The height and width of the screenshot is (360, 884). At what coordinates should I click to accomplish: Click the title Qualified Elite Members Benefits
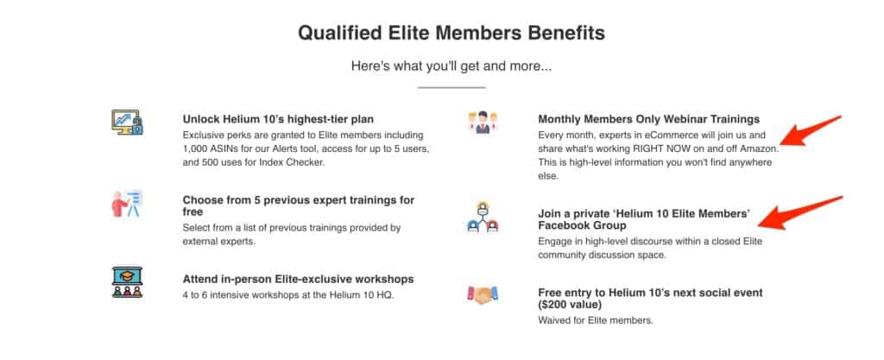(x=451, y=34)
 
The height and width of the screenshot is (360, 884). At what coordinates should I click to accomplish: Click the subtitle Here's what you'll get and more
(x=451, y=66)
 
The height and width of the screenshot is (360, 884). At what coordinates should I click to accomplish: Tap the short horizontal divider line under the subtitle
(x=451, y=87)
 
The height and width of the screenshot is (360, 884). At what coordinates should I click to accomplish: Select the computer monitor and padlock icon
(x=128, y=122)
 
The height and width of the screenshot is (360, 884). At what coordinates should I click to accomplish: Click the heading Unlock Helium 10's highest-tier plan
(x=278, y=119)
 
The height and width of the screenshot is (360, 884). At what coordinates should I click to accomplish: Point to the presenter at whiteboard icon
(x=128, y=204)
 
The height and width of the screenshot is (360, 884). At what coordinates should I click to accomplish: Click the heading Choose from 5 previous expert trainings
(x=298, y=206)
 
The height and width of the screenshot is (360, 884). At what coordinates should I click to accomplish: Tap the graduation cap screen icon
(x=128, y=282)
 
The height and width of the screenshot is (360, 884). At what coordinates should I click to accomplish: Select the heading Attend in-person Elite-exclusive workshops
(x=298, y=280)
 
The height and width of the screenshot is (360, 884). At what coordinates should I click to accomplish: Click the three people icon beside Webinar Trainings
(x=483, y=123)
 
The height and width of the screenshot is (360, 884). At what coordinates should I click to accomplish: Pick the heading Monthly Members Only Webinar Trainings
(x=649, y=119)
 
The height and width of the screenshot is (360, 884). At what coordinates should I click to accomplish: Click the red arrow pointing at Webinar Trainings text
(x=811, y=131)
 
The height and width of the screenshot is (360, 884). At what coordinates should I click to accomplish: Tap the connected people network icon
(x=483, y=218)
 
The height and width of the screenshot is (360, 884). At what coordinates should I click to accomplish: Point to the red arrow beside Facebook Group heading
(x=800, y=213)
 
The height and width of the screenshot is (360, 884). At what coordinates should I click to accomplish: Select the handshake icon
(x=483, y=295)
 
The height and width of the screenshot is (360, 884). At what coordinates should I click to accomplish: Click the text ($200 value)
(x=570, y=305)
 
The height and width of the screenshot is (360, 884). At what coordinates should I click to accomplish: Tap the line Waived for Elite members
(x=596, y=320)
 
